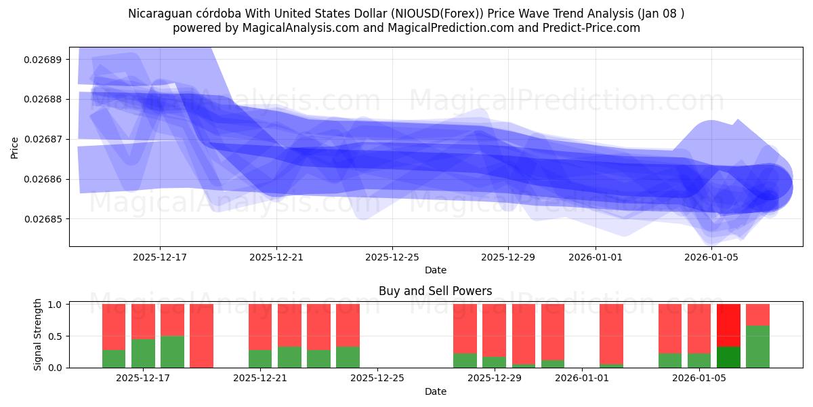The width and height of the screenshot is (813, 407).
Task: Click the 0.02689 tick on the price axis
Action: (x=43, y=60)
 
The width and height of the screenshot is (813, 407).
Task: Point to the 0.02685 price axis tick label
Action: (x=43, y=219)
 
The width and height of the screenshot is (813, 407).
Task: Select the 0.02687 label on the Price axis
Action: (x=43, y=139)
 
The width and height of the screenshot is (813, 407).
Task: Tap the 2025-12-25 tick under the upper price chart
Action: (x=392, y=257)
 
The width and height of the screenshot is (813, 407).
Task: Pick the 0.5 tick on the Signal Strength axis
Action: (x=55, y=336)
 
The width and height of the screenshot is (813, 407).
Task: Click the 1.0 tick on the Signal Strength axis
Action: (x=55, y=305)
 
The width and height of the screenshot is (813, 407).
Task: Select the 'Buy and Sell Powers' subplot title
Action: (x=435, y=291)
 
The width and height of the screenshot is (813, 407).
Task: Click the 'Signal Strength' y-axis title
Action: (x=38, y=334)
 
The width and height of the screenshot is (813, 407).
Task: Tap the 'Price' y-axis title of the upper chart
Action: (x=15, y=147)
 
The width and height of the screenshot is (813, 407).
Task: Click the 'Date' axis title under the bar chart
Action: (x=435, y=391)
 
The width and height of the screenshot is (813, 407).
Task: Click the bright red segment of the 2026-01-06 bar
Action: (x=728, y=325)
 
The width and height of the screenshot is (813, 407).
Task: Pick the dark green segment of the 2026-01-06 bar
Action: (x=728, y=357)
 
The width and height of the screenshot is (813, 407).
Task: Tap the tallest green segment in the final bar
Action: (x=757, y=347)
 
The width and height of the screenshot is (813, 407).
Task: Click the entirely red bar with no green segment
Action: (x=201, y=336)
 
